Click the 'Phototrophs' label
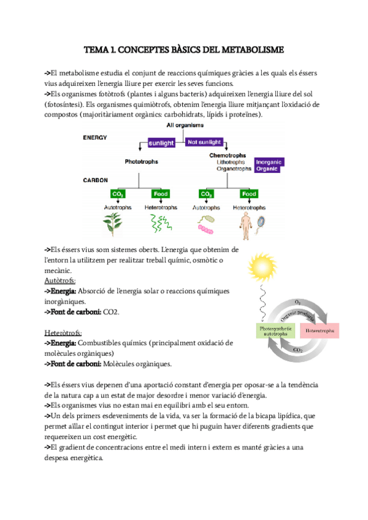click(x=141, y=162)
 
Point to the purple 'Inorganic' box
click(x=269, y=162)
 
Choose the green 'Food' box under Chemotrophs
click(x=248, y=194)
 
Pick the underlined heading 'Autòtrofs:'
click(x=60, y=280)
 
